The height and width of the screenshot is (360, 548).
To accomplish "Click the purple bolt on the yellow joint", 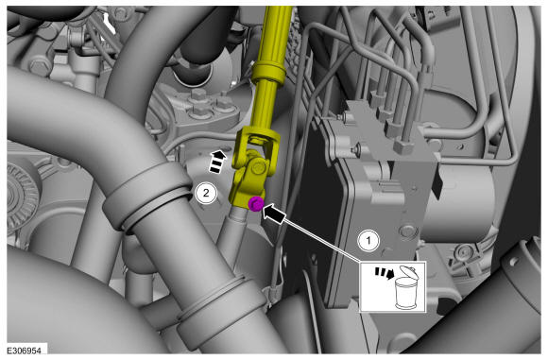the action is coord(255,203).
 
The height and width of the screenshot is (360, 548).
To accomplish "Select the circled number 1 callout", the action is coord(368,240).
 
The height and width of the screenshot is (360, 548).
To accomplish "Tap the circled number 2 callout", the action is coord(206,192).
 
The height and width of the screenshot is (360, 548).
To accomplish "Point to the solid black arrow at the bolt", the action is coord(275,214).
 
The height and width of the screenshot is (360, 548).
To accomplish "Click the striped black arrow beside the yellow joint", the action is coord(216,162).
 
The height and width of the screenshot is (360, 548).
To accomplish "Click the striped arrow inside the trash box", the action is coord(385,273).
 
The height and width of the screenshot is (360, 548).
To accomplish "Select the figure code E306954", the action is coord(25,351).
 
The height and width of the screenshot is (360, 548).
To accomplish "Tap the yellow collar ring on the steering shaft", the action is coord(268,70).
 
